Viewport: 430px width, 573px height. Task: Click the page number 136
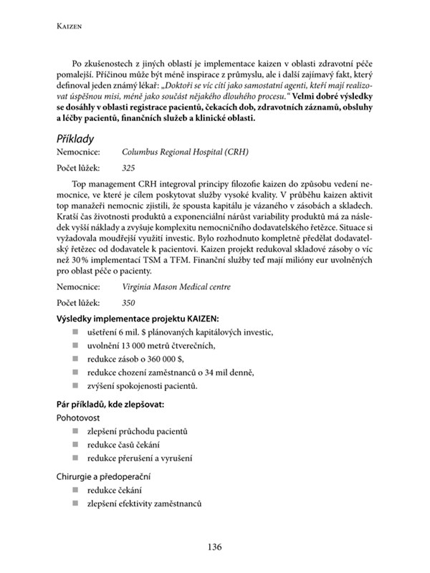[x=214, y=547]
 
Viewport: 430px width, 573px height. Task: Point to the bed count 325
[x=128, y=168]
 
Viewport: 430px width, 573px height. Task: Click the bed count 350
[x=128, y=302]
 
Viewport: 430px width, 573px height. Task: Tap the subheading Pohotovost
[x=79, y=418]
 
